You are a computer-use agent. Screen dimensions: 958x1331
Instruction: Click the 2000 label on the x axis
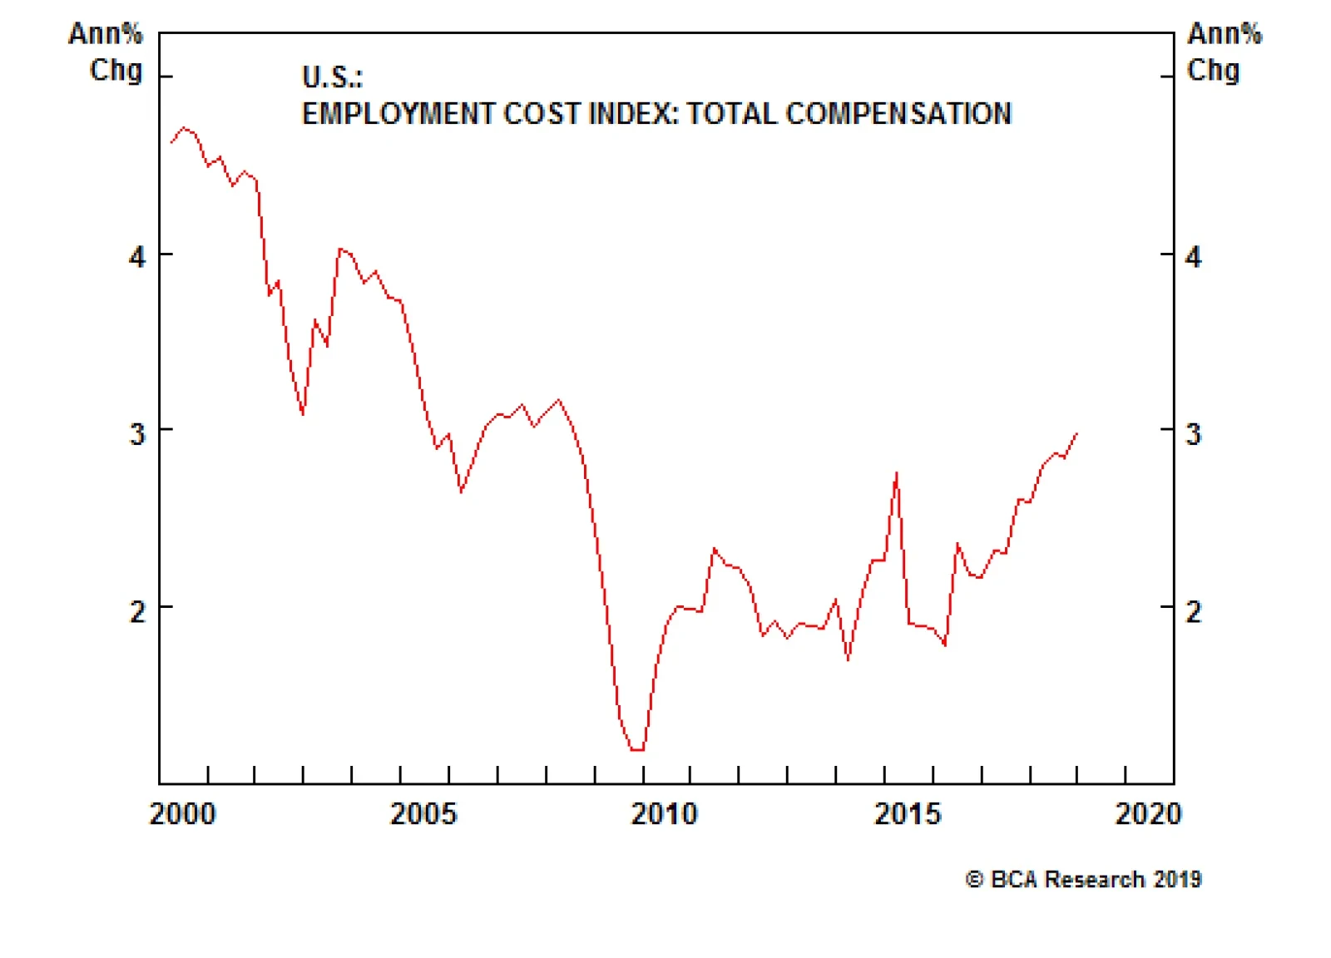click(183, 813)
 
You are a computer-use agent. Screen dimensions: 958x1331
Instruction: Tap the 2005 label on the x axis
click(423, 813)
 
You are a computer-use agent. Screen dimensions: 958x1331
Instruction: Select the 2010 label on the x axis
click(664, 813)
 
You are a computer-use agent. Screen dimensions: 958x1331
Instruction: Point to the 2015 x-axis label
click(907, 813)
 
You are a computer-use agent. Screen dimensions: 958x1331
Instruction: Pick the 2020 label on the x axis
click(1148, 813)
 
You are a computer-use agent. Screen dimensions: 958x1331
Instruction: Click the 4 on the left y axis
click(137, 257)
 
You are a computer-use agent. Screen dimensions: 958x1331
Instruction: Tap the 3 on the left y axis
click(137, 434)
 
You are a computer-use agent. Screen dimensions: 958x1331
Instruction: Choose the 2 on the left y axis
click(137, 612)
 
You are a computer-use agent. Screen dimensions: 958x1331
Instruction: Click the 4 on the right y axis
click(1194, 257)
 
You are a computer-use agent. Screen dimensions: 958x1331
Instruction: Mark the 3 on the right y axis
click(1194, 434)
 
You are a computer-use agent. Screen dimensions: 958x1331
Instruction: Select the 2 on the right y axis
click(1194, 612)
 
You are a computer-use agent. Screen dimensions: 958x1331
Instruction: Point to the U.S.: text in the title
click(332, 77)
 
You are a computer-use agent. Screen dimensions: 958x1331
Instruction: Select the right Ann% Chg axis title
click(1223, 52)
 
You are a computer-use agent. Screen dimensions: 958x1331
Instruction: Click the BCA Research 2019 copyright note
click(1084, 879)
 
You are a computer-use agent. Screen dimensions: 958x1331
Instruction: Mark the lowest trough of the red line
click(637, 749)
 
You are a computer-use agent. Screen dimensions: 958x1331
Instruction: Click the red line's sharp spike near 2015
click(896, 474)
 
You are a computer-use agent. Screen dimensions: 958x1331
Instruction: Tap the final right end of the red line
click(1076, 433)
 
